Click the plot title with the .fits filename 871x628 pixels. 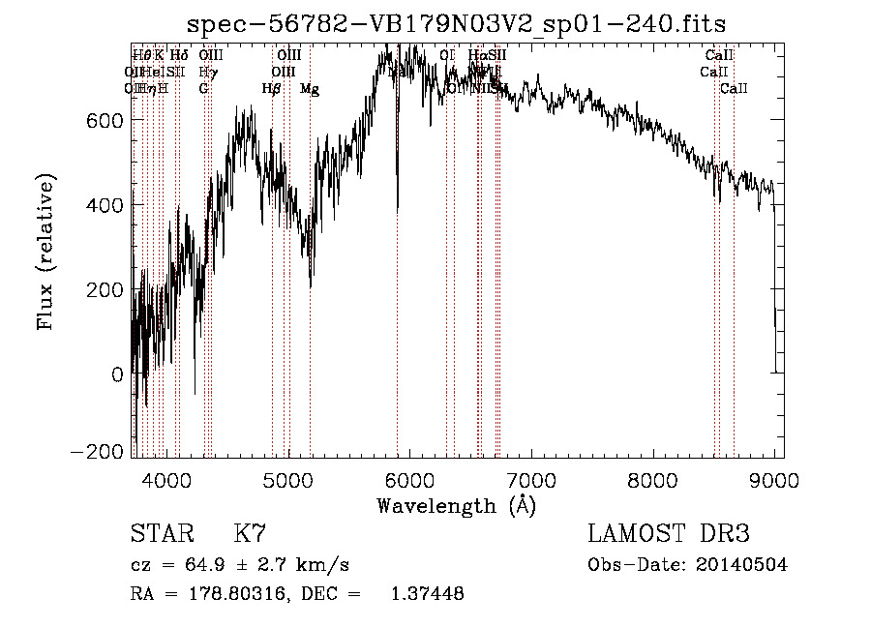[458, 22]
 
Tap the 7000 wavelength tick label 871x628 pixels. [532, 479]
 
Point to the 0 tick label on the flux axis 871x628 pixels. [117, 374]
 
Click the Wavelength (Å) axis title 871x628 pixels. [456, 505]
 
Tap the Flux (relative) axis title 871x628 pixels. [46, 251]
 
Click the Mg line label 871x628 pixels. [310, 89]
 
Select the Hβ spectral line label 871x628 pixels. [272, 89]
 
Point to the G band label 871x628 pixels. [203, 89]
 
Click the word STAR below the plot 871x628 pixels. [160, 534]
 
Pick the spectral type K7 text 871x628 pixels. [250, 534]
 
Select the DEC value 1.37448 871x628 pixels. [426, 595]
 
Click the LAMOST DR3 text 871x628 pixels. [669, 534]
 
